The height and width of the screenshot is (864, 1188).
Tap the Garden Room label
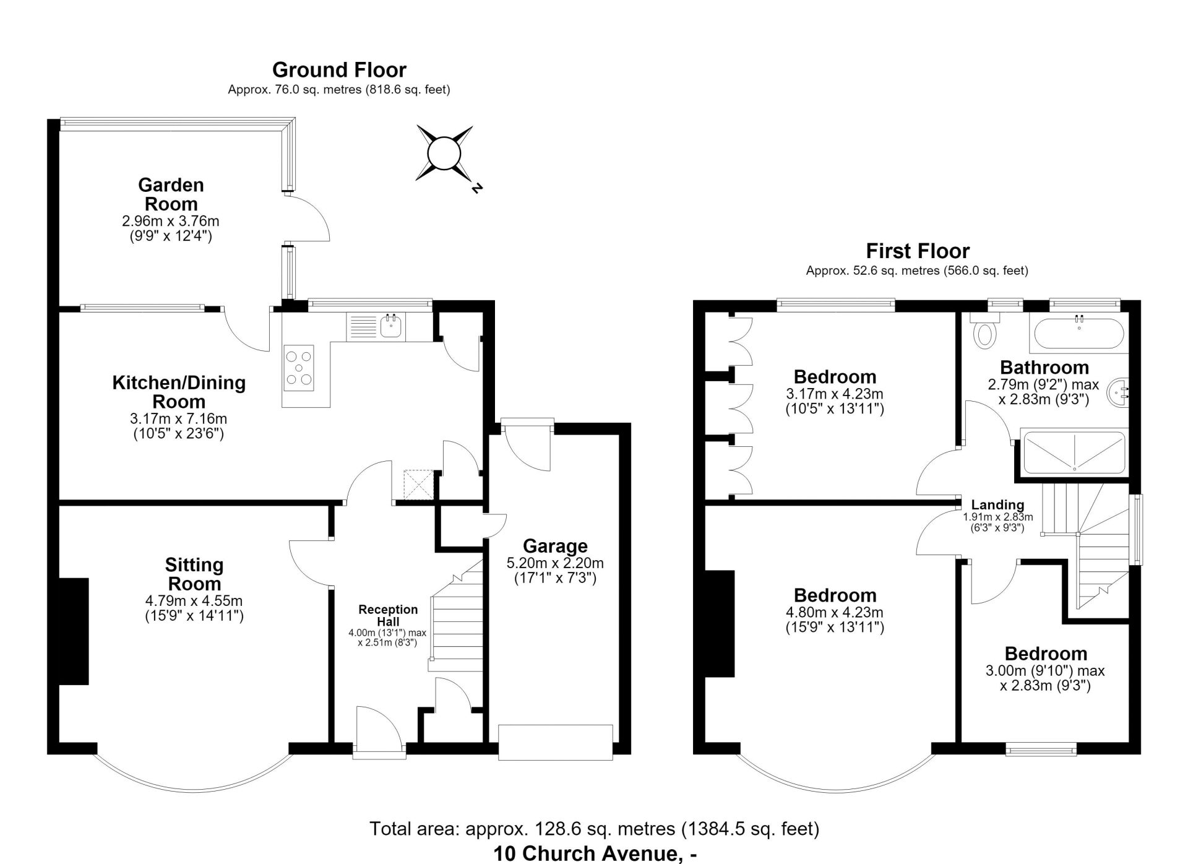coord(171,194)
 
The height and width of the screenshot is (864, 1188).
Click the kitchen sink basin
coord(392,326)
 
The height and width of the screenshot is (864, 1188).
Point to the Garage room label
coord(555,546)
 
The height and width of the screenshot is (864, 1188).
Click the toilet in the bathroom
coord(985,330)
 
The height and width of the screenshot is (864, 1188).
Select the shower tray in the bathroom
coord(1074,452)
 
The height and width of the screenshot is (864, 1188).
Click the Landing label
coord(997,505)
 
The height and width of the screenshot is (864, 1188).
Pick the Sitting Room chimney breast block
coord(74,631)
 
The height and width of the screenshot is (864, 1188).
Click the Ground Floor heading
coord(339,69)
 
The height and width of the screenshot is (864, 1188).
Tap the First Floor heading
coord(918,251)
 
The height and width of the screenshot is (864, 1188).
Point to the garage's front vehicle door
coord(556,741)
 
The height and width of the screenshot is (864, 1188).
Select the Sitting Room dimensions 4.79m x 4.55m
coord(194,600)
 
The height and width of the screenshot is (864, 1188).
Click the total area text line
coord(594,828)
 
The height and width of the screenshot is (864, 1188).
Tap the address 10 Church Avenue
coord(595,853)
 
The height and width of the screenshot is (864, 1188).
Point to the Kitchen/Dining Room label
coord(179,392)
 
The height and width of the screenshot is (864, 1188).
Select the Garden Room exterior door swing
coord(308,217)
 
